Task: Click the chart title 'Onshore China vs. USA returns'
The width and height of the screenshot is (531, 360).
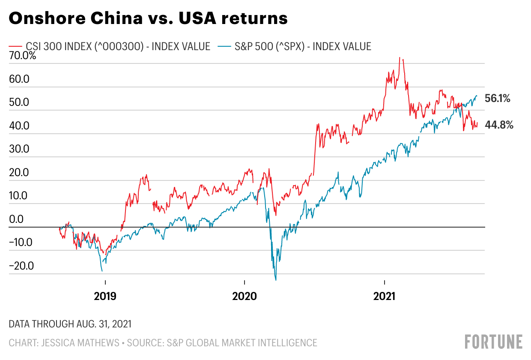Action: click(x=148, y=19)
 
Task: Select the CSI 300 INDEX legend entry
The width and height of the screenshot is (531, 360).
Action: click(x=110, y=46)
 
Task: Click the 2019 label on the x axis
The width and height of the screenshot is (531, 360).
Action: click(x=105, y=296)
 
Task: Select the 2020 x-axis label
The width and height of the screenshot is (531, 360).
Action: click(x=244, y=296)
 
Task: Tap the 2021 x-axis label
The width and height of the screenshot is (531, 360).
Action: click(x=385, y=296)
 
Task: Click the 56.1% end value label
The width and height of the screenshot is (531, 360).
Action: click(x=497, y=99)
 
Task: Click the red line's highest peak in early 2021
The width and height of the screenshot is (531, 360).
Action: click(x=400, y=58)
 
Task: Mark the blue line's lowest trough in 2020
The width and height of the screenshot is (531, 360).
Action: click(x=276, y=280)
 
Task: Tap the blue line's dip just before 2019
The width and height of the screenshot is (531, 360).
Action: click(x=102, y=270)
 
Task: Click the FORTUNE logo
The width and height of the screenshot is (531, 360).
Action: click(x=493, y=342)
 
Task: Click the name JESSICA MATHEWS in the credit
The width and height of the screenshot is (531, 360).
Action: click(x=79, y=343)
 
